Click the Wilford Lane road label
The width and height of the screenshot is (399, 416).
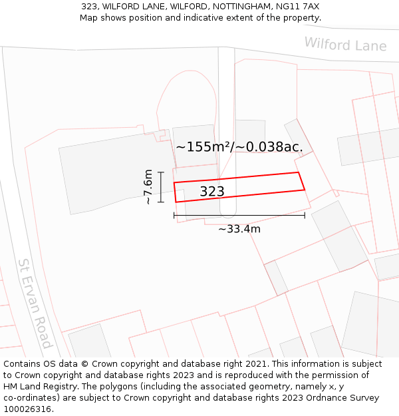[345, 45]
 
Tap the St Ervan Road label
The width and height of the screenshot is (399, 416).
[35, 304]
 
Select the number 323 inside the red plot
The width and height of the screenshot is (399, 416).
[212, 192]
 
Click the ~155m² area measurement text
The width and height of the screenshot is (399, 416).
[202, 147]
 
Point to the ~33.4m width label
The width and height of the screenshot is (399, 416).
[239, 229]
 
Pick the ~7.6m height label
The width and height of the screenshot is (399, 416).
[148, 186]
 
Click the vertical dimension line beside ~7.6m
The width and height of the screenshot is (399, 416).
[161, 187]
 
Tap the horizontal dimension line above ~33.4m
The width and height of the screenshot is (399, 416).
[239, 215]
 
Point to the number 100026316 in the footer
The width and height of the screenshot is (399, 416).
[27, 409]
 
